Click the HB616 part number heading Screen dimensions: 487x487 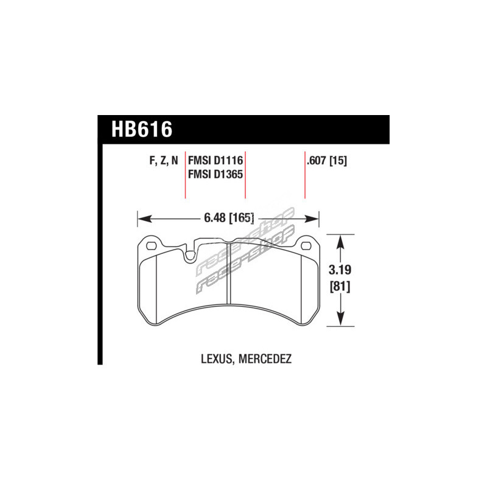142,129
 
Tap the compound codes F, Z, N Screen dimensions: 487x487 164,161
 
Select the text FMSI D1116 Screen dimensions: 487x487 215,161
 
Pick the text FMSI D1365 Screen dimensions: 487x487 215,174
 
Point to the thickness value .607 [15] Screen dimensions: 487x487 327,161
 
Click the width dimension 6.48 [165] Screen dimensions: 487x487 229,218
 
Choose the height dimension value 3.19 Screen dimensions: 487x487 340,270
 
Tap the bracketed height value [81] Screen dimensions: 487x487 340,286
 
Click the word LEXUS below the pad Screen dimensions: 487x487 217,359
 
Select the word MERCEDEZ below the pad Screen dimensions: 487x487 265,359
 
